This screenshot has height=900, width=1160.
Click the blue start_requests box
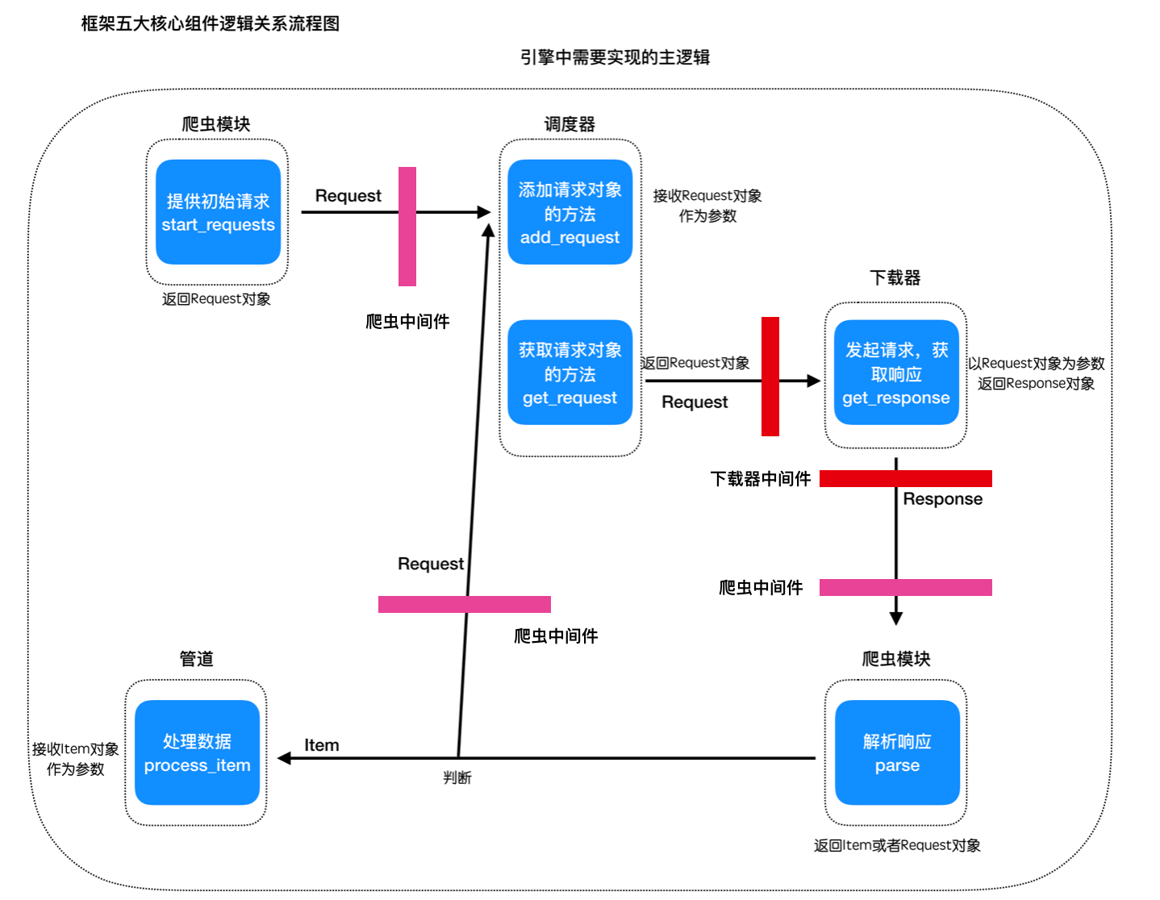(218, 212)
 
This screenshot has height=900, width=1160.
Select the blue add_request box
(570, 212)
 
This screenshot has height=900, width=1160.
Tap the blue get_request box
(570, 372)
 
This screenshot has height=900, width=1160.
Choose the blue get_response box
(895, 372)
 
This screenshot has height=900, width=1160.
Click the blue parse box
(897, 752)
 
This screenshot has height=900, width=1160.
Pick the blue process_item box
(197, 752)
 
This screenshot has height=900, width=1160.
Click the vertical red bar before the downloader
(770, 376)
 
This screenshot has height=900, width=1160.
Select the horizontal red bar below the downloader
(905, 478)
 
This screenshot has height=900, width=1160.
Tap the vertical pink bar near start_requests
(407, 226)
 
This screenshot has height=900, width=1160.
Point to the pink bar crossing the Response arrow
(905, 587)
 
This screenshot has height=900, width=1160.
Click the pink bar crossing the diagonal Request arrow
(464, 604)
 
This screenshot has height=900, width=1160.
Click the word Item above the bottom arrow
(321, 744)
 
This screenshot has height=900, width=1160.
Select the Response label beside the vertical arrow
(942, 498)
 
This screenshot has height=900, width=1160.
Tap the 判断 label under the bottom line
(457, 777)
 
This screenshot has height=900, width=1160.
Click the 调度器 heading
(569, 124)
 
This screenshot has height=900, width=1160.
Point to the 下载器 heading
(895, 277)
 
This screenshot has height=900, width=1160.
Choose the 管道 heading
(196, 658)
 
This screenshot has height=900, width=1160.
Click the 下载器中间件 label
(760, 478)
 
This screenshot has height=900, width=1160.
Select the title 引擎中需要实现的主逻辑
(615, 57)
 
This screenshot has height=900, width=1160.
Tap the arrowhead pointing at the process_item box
(284, 757)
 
